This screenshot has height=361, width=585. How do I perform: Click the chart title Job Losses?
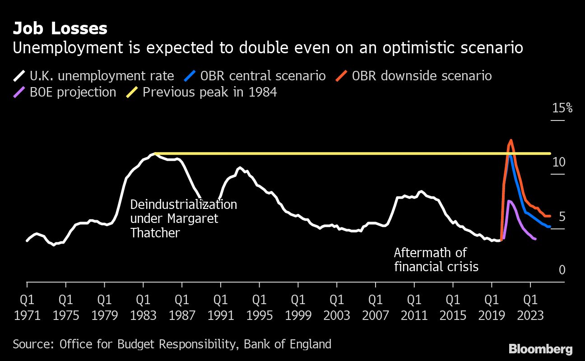point(60,28)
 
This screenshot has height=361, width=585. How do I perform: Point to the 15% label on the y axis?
point(562,108)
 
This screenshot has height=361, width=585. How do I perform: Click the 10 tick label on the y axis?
point(559,162)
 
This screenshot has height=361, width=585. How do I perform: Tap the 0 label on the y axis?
point(562,270)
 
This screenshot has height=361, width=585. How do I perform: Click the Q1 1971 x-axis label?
point(27,307)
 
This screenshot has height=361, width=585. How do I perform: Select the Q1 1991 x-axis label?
point(221,307)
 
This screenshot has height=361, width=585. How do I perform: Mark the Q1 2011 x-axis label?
point(414,307)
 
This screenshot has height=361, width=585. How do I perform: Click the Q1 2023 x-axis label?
point(530,307)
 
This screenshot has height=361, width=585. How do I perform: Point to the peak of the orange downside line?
point(511,140)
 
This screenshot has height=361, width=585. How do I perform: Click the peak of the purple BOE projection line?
point(509,201)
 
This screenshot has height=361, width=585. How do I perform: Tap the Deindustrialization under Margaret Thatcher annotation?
point(183,218)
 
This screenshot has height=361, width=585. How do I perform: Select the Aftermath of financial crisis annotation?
point(436,259)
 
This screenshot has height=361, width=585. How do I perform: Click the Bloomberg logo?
point(540,349)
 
